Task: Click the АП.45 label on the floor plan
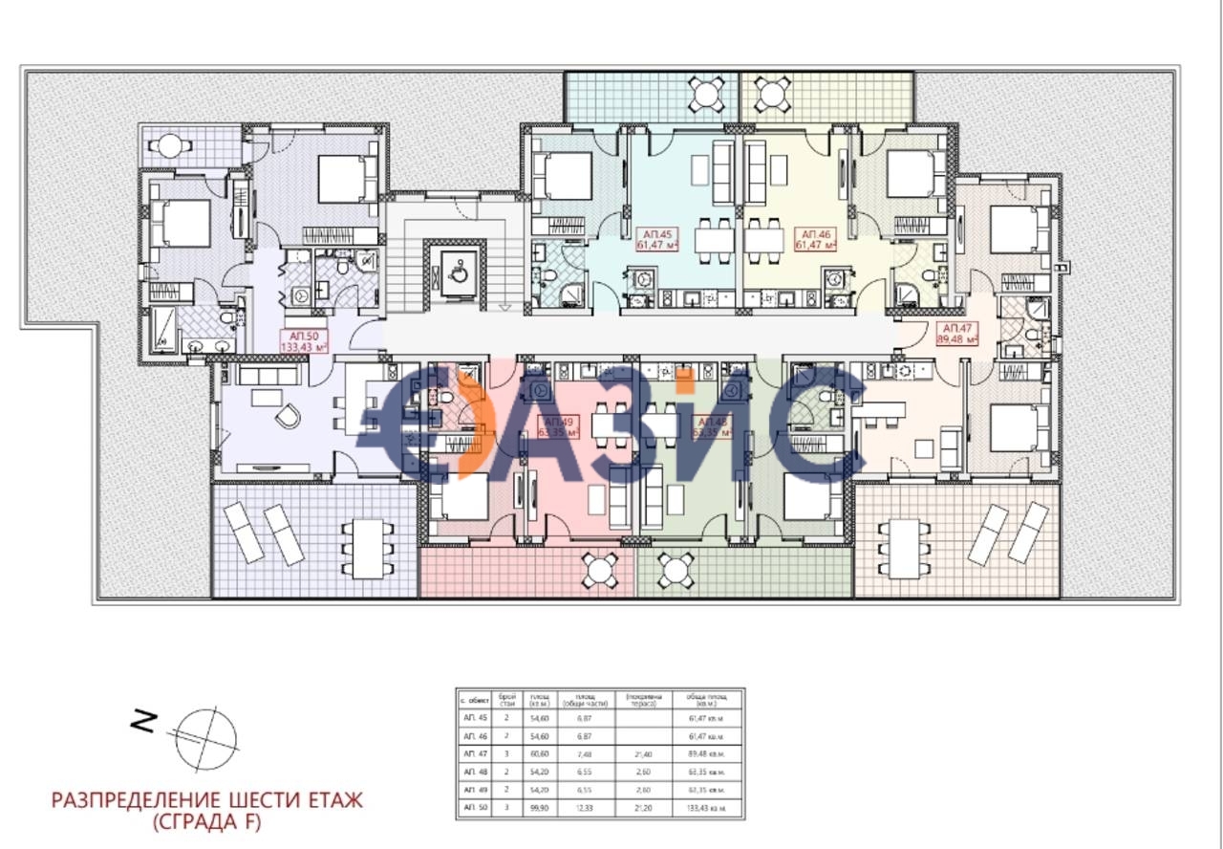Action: (x=657, y=239)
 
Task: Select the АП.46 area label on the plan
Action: (x=815, y=239)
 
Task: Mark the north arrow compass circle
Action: (x=206, y=736)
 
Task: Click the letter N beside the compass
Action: (x=143, y=723)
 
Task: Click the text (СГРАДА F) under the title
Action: (x=206, y=821)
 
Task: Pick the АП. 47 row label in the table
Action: (x=475, y=753)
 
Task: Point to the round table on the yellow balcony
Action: (x=769, y=94)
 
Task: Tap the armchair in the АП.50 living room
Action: (x=288, y=416)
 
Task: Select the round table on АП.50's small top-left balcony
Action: (x=169, y=146)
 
